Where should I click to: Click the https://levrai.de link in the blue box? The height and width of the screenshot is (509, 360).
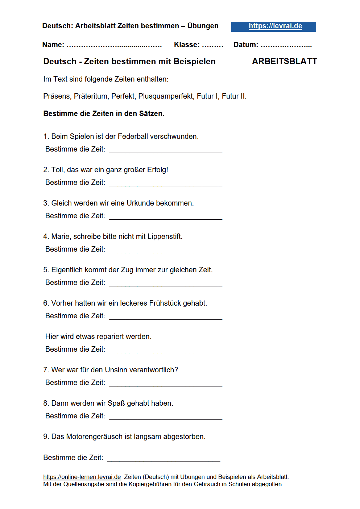click(x=275, y=26)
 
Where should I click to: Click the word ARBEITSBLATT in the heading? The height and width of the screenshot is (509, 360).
click(x=284, y=61)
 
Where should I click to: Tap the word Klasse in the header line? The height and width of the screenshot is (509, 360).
click(x=186, y=45)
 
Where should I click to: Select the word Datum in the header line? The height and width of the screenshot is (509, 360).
click(x=245, y=45)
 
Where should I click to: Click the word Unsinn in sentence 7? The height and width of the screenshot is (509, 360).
click(x=116, y=370)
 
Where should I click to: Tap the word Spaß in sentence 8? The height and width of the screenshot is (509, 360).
click(x=116, y=403)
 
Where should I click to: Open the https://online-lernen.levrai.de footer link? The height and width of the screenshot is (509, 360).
click(x=82, y=477)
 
